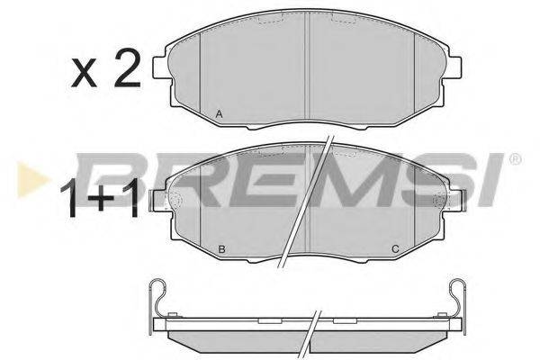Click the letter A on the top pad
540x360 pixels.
219,112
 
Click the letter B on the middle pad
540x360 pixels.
220,248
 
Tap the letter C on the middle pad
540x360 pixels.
393,248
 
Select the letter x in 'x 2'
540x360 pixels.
85,72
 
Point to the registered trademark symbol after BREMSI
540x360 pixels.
515,161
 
